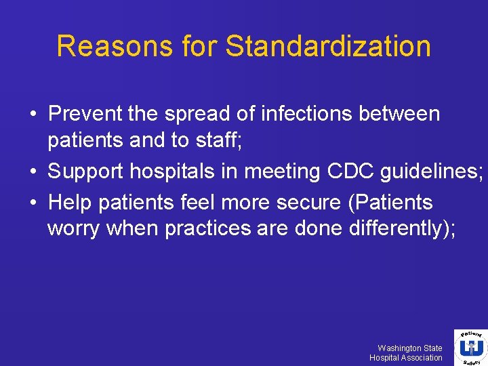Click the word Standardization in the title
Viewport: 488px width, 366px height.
(328, 46)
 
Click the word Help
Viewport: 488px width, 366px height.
(70, 201)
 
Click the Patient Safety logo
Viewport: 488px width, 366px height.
(468, 347)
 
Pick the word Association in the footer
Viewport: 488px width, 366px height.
(420, 358)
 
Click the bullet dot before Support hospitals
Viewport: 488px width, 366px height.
(33, 172)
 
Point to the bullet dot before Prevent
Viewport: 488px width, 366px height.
(33, 113)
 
